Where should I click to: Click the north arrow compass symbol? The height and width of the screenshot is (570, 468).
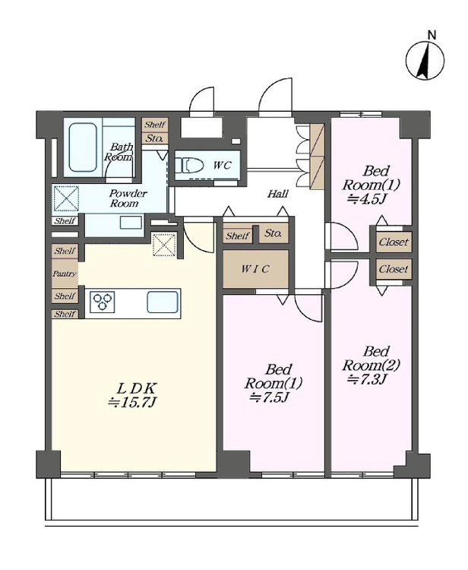coord(425,60)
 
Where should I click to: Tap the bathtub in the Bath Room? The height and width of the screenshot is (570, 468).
coord(83,147)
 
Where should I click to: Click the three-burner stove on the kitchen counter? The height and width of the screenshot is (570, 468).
coord(102,302)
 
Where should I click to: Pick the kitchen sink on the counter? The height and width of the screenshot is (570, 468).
coord(163,302)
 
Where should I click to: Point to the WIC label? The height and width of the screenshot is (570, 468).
coord(255,269)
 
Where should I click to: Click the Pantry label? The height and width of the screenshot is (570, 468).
coord(65,274)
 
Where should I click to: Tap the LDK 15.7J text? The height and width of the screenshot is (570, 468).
coord(133,394)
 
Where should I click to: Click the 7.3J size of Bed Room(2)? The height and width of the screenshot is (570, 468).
coord(368,379)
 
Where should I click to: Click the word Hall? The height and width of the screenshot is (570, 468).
coord(278,194)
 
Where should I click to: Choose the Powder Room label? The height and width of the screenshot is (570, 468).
coord(125,198)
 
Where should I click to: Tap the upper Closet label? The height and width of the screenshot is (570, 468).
coord(394,242)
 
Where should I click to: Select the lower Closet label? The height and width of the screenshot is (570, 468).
coord(394,269)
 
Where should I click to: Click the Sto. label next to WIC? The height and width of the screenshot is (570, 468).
coord(273,233)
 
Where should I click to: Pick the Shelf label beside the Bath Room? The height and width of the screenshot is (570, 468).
coord(155,125)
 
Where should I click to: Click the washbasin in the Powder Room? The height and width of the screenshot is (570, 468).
coord(131,222)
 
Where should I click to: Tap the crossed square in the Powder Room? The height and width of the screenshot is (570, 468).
coord(67,198)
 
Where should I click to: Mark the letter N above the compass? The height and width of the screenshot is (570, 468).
coord(432,35)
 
